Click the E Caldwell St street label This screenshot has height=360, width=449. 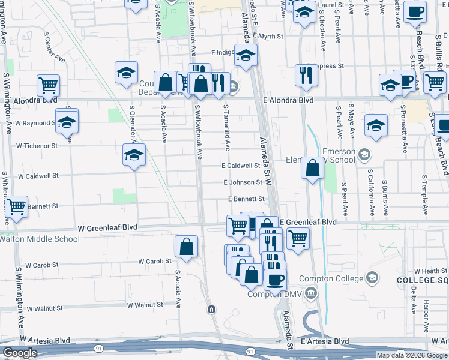[240, 166]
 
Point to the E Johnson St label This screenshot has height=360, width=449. [243, 182]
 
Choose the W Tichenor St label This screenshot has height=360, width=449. [37, 145]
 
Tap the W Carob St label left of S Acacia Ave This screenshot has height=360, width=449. [155, 261]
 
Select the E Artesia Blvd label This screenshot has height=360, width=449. [325, 341]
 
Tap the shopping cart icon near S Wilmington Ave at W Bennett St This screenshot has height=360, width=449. [16, 207]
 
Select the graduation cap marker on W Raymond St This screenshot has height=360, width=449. [67, 122]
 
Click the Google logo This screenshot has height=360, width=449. [20, 353]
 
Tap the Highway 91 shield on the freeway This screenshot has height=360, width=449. [97, 347]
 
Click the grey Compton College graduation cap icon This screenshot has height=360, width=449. [372, 278]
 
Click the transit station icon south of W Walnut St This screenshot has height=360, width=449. [211, 309]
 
